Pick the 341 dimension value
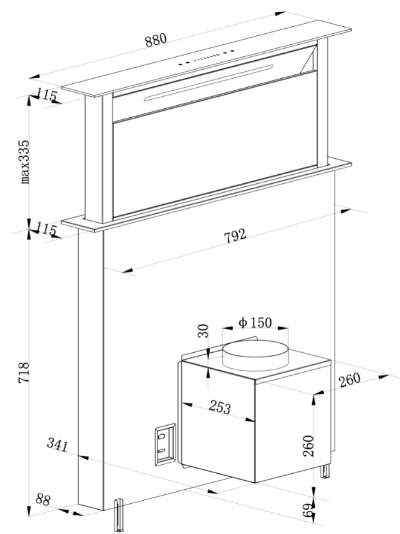click(58, 443)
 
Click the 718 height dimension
click(22, 374)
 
